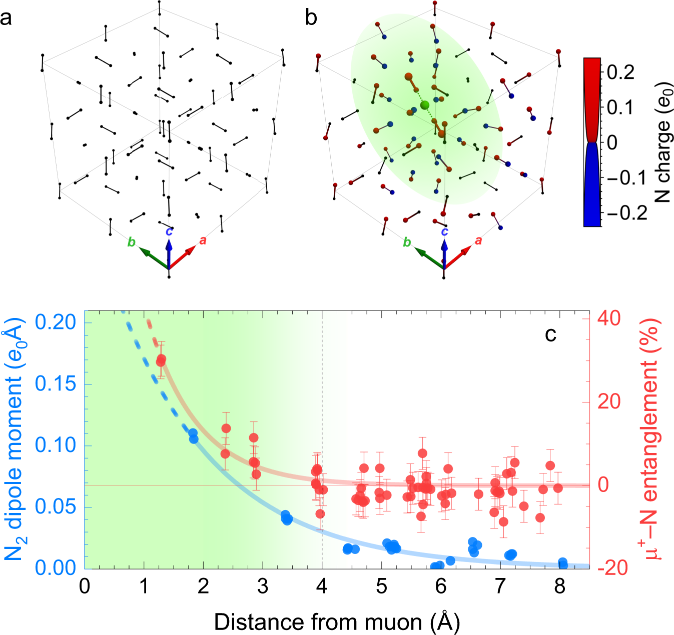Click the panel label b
(x=311, y=18)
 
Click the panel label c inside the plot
(x=550, y=334)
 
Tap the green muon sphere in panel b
(x=425, y=105)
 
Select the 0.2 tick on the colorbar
(x=620, y=72)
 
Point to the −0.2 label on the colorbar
(x=626, y=213)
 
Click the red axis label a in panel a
(x=203, y=240)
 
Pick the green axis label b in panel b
(x=407, y=242)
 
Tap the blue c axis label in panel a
(x=169, y=231)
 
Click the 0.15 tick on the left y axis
(x=56, y=384)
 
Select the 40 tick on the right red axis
(x=608, y=318)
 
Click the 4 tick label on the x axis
(x=322, y=586)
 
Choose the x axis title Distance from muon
(x=337, y=622)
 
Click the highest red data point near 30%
(x=161, y=360)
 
